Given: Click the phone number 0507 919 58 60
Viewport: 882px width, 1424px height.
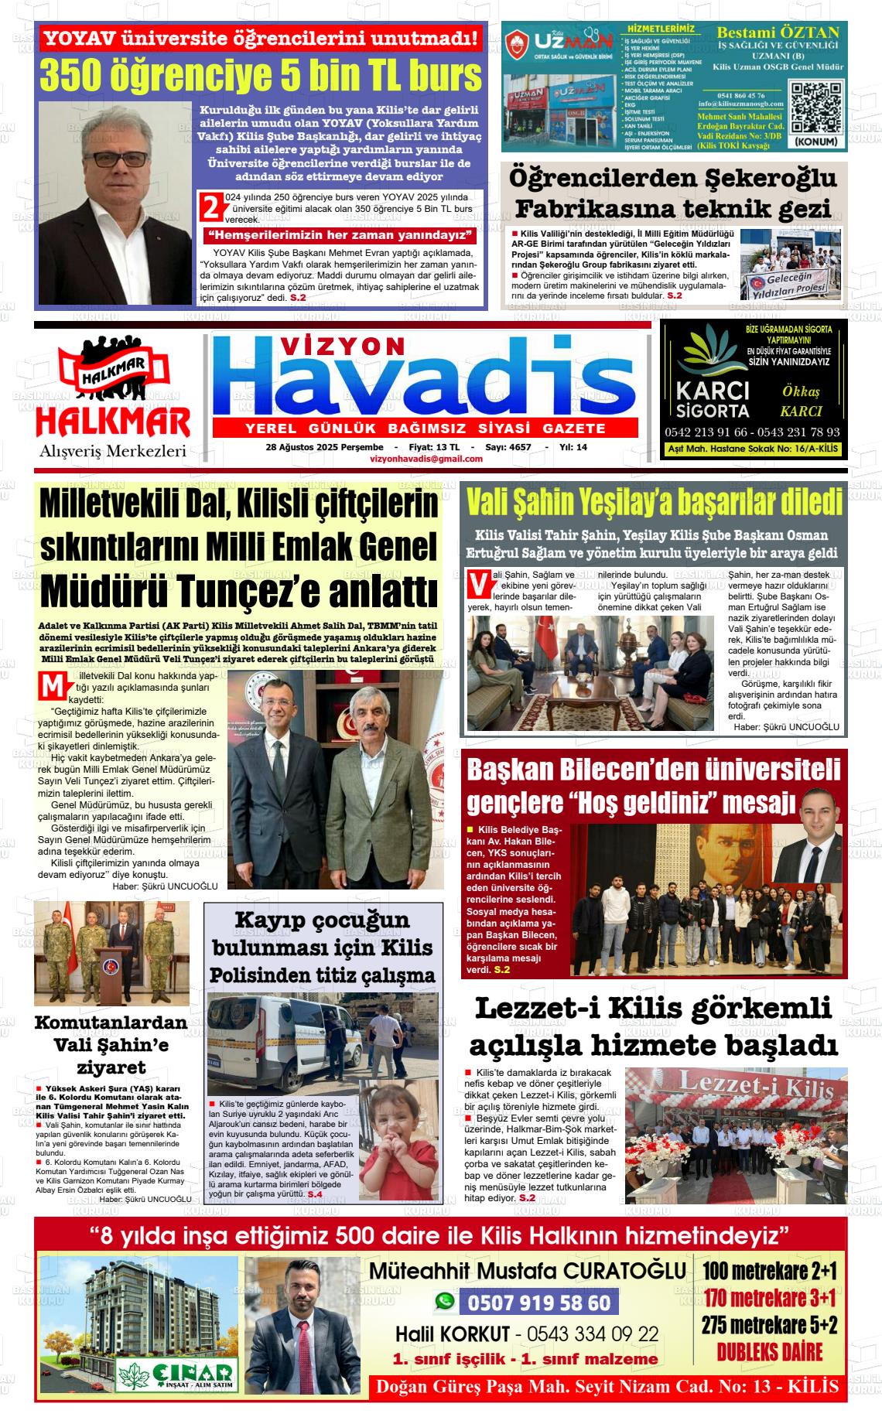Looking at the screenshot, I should point(538,1303).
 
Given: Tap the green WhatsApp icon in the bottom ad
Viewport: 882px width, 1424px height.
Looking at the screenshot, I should point(445,1302).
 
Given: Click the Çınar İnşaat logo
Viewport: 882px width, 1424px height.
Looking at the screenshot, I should point(175,1374).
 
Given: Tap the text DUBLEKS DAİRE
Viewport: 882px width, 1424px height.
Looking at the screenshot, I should point(769,1352).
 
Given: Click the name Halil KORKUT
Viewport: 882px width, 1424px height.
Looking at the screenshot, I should point(453,1334).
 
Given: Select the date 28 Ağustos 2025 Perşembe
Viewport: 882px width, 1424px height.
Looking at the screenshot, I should point(324,447).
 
